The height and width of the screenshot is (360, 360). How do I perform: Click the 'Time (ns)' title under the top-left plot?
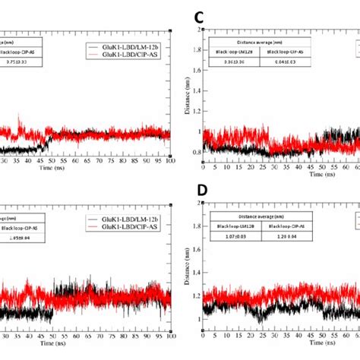87,171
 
